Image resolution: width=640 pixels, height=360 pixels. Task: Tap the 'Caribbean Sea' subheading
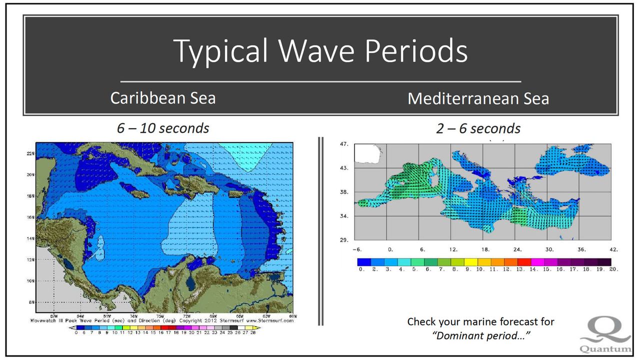coord(163,97)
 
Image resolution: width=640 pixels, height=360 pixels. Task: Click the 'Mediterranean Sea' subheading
coord(478,98)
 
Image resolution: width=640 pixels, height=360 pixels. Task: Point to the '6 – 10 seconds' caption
coord(163,128)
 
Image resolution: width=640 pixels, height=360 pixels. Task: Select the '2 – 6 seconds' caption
coord(478,128)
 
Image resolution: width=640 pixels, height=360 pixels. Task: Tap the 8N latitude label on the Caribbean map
coord(30,302)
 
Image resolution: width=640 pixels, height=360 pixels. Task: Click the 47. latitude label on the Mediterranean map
coord(344,144)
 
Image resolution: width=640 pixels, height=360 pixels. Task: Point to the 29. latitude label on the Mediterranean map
coord(344,240)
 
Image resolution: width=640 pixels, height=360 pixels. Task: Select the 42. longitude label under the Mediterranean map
coord(613,249)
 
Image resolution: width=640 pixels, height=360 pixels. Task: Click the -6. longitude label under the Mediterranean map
coord(357,249)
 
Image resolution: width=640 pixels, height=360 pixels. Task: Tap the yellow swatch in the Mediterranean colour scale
coord(471,261)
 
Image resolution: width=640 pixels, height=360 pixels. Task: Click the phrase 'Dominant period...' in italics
coord(481,335)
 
